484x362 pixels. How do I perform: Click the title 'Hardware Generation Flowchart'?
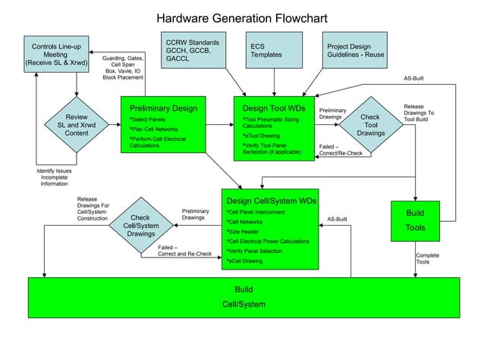[242, 17]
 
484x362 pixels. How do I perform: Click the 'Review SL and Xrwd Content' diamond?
[75, 126]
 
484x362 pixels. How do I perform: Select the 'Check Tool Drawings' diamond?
[370, 126]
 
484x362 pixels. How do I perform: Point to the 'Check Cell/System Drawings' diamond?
[141, 226]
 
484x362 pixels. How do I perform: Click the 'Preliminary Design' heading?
[163, 108]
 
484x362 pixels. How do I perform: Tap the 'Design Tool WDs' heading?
[273, 108]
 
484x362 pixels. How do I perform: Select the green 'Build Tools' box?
[420, 220]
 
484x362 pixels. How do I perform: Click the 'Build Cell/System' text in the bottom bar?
[244, 298]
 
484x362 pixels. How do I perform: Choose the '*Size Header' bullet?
[243, 231]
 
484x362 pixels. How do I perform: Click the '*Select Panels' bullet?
[147, 120]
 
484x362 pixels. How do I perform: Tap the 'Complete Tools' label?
[428, 259]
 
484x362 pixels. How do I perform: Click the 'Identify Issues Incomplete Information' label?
[54, 179]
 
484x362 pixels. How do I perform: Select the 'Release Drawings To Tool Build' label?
[420, 114]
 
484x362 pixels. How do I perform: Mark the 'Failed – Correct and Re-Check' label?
[184, 251]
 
